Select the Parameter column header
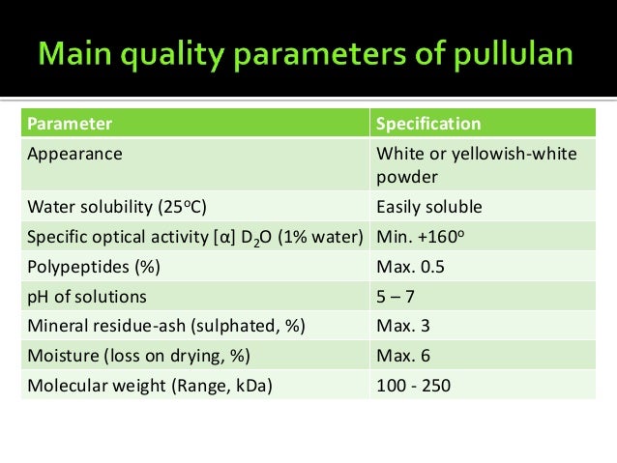point(69,124)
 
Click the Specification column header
point(427,124)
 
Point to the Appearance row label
point(75,154)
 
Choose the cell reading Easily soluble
point(428,208)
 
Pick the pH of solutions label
point(87,297)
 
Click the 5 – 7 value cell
point(396,297)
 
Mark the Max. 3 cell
point(402,327)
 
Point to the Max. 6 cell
point(402,357)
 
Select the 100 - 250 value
point(413,387)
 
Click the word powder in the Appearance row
point(408,178)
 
